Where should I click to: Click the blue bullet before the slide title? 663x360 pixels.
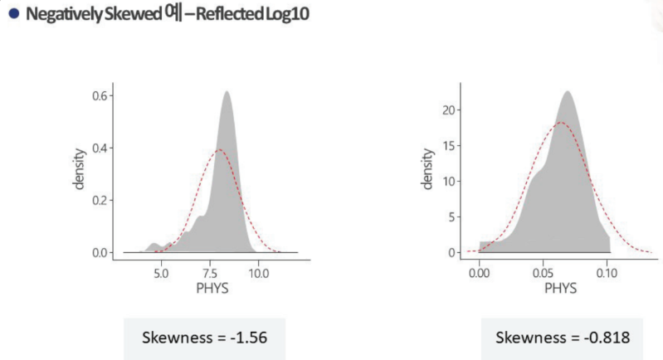tap(11, 14)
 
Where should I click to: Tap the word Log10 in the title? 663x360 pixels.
tap(289, 14)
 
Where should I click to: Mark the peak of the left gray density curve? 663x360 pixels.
tap(226, 92)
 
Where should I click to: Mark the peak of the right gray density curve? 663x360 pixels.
tap(568, 91)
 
